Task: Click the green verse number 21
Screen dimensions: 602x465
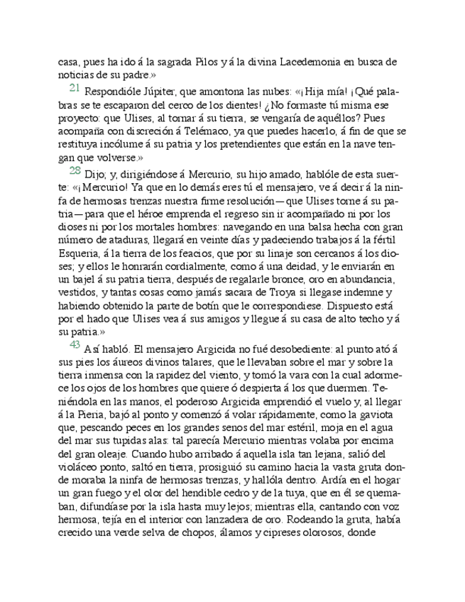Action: click(x=75, y=88)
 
